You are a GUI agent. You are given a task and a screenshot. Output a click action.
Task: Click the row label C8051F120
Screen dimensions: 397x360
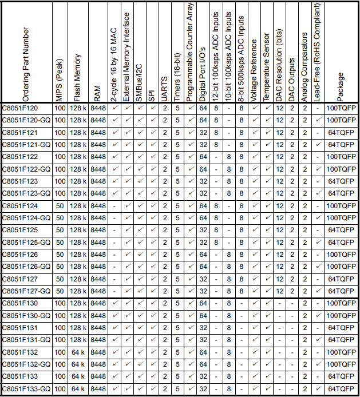(x=20, y=108)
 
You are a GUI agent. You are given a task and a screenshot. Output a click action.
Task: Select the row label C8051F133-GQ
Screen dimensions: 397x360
(x=26, y=389)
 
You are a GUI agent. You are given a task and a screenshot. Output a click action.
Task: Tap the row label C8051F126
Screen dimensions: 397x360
(x=20, y=254)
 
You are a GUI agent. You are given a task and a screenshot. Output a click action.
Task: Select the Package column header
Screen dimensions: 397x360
(x=341, y=86)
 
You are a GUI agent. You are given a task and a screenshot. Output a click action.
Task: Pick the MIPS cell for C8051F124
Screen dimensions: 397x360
(x=60, y=205)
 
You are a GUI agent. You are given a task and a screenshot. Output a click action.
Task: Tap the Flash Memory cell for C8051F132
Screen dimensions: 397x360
(x=78, y=352)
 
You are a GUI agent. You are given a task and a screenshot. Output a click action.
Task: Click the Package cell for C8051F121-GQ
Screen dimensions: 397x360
(x=341, y=144)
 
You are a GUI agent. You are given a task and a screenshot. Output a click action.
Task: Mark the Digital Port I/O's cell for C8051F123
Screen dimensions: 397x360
(x=203, y=181)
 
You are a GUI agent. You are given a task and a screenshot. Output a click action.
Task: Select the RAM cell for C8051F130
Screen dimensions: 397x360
(x=98, y=303)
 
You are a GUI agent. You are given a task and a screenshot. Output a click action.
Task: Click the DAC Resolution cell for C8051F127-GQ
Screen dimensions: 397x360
(x=280, y=291)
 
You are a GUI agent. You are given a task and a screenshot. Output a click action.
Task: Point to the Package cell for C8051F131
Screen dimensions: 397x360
(x=341, y=328)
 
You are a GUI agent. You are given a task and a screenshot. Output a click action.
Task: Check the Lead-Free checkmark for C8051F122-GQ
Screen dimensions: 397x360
(x=318, y=169)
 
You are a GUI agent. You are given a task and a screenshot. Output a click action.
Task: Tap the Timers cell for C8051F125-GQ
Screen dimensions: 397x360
(x=178, y=242)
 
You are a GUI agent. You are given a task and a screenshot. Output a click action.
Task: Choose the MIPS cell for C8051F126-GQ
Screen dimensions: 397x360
(x=60, y=267)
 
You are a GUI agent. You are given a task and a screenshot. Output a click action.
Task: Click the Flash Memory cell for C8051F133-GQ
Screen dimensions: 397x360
(x=78, y=389)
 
